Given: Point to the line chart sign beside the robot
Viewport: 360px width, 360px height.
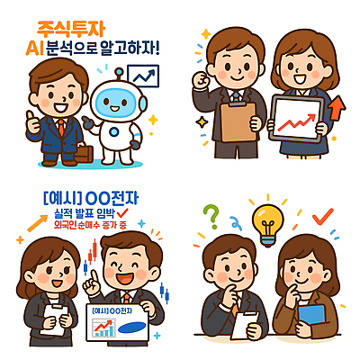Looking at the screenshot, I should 140,79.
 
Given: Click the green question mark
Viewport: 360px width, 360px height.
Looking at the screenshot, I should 211,216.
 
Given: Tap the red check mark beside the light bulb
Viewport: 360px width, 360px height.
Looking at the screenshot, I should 322,216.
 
